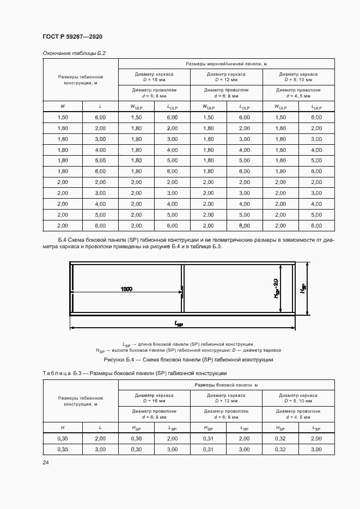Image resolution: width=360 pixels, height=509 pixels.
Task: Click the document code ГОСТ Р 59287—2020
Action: coord(72,36)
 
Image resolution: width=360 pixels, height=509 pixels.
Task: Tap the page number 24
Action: coord(45,462)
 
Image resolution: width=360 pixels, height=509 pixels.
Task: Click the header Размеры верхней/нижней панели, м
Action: coord(226,64)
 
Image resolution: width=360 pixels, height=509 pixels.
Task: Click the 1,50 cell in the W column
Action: coord(63,118)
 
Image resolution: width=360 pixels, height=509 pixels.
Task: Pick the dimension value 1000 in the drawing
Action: coord(126,289)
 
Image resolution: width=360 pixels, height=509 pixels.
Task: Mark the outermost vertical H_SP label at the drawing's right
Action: coord(303,289)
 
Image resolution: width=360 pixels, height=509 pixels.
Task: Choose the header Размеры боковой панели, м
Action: coord(226,385)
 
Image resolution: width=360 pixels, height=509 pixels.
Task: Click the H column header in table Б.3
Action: coord(63,427)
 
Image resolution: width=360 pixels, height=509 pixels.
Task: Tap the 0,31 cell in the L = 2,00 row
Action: coord(209,438)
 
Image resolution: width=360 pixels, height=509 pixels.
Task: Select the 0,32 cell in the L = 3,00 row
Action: coord(280,449)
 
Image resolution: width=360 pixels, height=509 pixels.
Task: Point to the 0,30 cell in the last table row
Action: coord(136,449)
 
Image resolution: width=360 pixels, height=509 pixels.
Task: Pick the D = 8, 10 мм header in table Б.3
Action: coord(298,400)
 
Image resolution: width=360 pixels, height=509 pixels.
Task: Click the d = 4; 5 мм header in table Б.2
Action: coord(298,95)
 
